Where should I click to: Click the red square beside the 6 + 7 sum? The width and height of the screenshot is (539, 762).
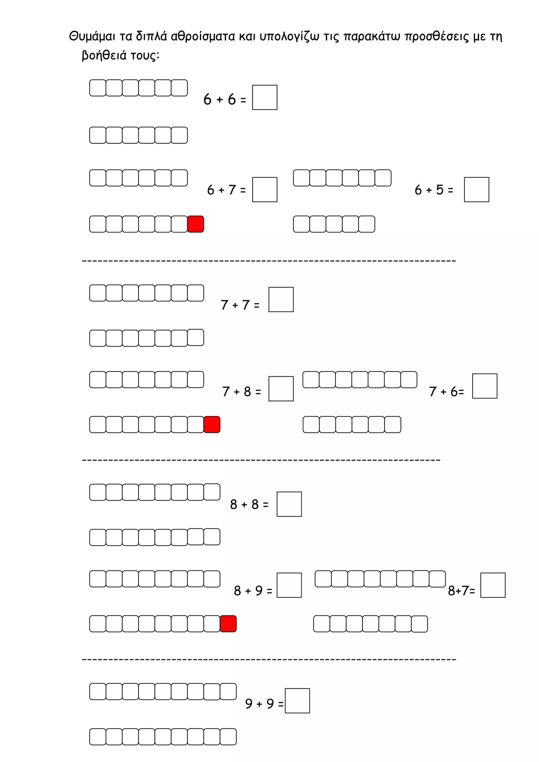pos(196,224)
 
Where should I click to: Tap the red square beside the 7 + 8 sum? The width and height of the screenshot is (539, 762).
pos(212,424)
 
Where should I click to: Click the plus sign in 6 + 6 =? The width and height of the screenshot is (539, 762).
pos(219,99)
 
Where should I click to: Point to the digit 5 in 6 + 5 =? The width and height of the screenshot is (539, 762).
pos(440,189)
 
